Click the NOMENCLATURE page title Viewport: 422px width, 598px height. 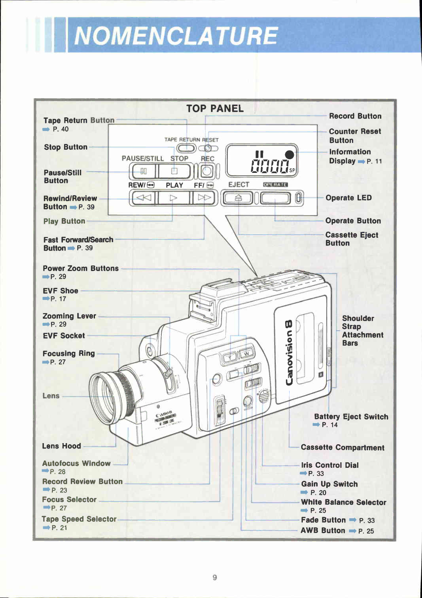coord(176,36)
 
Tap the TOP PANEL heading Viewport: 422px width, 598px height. coord(215,109)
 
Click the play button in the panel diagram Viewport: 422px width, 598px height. coord(173,198)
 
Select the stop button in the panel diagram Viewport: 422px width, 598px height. coord(174,171)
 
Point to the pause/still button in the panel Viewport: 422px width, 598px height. coord(143,171)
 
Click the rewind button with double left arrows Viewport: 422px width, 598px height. coord(143,198)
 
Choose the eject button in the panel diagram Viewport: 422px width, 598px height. coord(238,198)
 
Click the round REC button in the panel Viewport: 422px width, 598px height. coord(207,171)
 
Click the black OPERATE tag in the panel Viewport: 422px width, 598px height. coord(275,185)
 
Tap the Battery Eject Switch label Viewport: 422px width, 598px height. coord(351,417)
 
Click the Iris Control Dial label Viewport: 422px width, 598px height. coord(330,465)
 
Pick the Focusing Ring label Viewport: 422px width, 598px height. coord(69,354)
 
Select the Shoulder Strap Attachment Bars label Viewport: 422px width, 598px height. coord(362,330)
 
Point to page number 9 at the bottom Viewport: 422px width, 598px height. coord(215,577)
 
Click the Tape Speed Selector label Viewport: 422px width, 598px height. coord(79,519)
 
